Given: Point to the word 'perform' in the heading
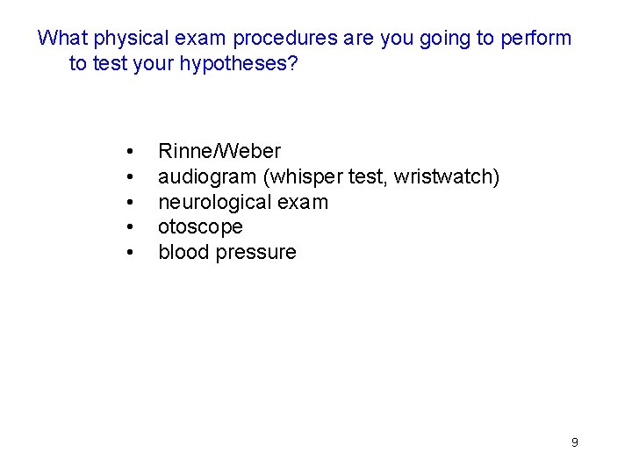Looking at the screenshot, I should (x=536, y=39).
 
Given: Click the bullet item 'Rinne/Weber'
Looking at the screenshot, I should (x=219, y=152).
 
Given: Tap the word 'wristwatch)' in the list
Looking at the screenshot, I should (x=447, y=177).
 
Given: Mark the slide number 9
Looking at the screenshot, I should (x=574, y=442).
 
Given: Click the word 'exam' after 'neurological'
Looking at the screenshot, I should (x=305, y=203).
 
